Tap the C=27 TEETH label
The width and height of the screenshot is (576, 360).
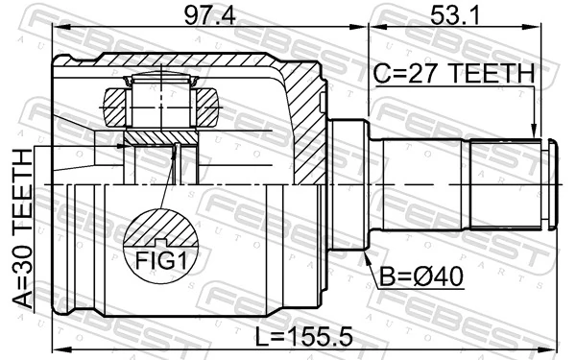(x=451, y=73)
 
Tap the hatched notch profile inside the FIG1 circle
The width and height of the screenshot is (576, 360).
(x=161, y=230)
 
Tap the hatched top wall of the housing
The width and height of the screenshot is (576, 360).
(x=192, y=67)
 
